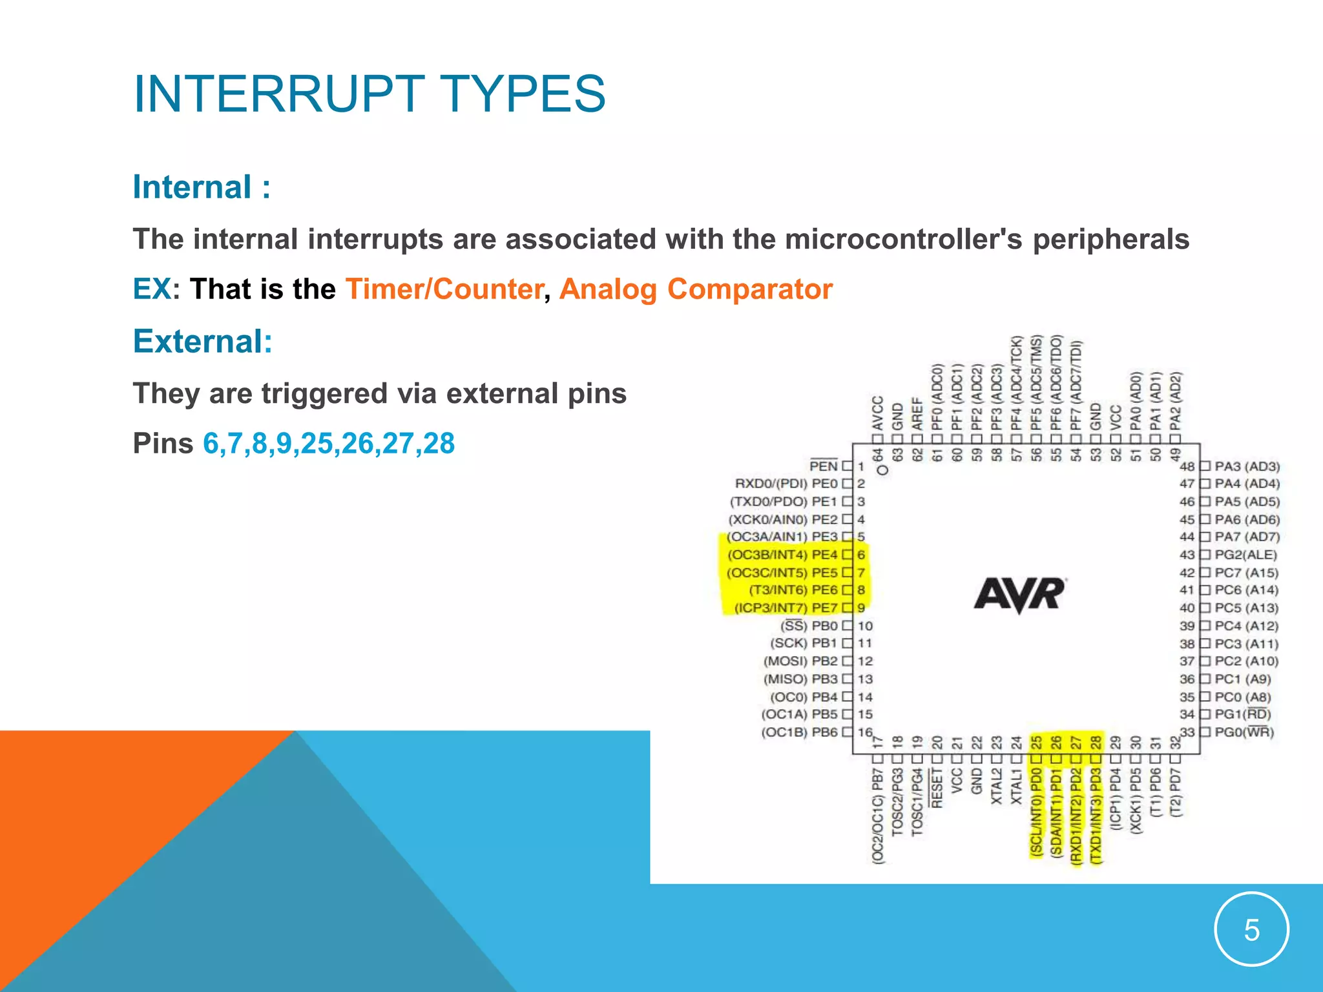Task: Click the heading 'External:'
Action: click(x=202, y=341)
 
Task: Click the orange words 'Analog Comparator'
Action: click(x=696, y=289)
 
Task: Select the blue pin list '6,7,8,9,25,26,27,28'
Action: click(x=329, y=443)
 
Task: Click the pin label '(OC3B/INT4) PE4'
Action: click(x=782, y=555)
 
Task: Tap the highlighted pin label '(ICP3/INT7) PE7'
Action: click(x=785, y=608)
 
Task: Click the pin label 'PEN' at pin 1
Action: click(x=823, y=466)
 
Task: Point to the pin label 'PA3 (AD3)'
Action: click(x=1247, y=466)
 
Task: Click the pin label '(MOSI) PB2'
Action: click(x=800, y=661)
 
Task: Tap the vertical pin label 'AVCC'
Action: click(x=877, y=413)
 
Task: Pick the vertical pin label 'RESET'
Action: click(x=937, y=789)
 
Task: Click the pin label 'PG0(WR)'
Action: click(x=1244, y=732)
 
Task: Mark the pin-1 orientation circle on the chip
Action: click(x=882, y=470)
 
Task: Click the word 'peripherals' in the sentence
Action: click(x=1110, y=239)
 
